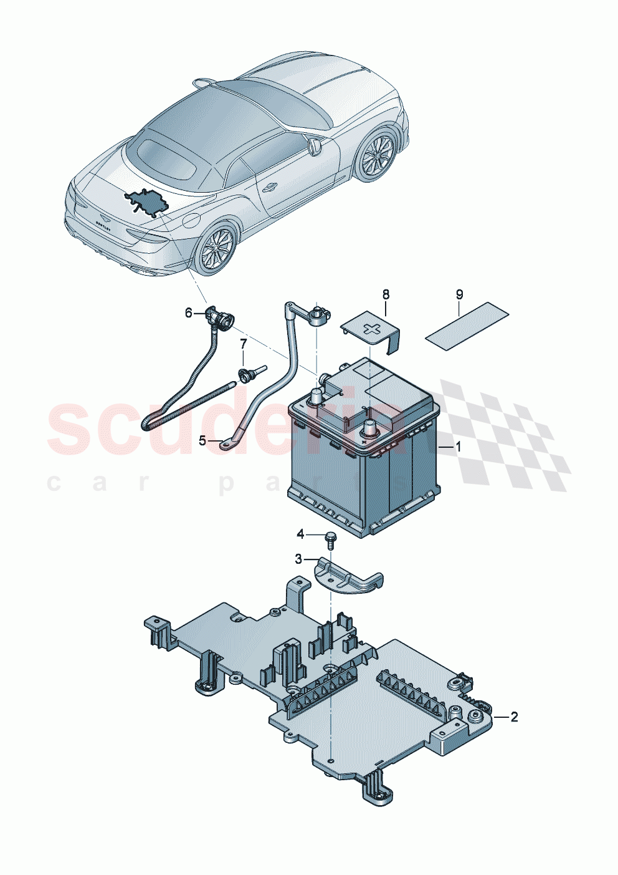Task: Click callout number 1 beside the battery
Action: coord(458,447)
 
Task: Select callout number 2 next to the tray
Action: coord(513,717)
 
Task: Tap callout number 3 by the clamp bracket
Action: coord(298,559)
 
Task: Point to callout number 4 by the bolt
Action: coord(300,534)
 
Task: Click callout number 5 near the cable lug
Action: coord(202,441)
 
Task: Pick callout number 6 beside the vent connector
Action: coord(189,313)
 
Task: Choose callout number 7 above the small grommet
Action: coord(244,344)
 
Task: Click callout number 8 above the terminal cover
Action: coord(386,294)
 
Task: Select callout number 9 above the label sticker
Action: coord(460,294)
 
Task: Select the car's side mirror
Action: coord(315,147)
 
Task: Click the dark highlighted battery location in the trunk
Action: coord(147,201)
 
